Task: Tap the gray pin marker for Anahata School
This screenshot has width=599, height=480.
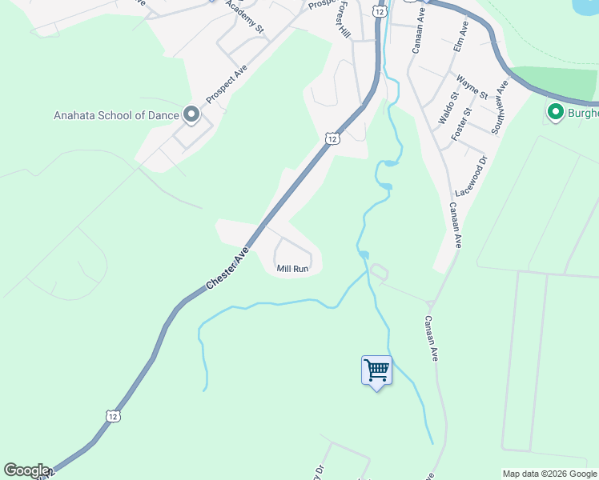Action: point(191,115)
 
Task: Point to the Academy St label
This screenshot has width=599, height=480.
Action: point(245,16)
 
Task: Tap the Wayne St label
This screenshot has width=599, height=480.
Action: point(472,87)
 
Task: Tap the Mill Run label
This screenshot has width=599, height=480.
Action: point(292,269)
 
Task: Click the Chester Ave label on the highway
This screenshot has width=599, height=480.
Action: point(227,267)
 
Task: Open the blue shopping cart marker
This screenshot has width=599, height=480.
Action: point(376,370)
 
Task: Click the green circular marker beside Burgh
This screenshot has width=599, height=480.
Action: point(554,112)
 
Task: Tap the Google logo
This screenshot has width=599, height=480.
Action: point(26,470)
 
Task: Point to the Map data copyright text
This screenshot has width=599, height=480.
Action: point(549,474)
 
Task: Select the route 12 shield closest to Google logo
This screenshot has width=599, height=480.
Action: point(113,416)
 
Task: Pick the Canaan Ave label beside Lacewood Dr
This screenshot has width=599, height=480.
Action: point(455,226)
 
